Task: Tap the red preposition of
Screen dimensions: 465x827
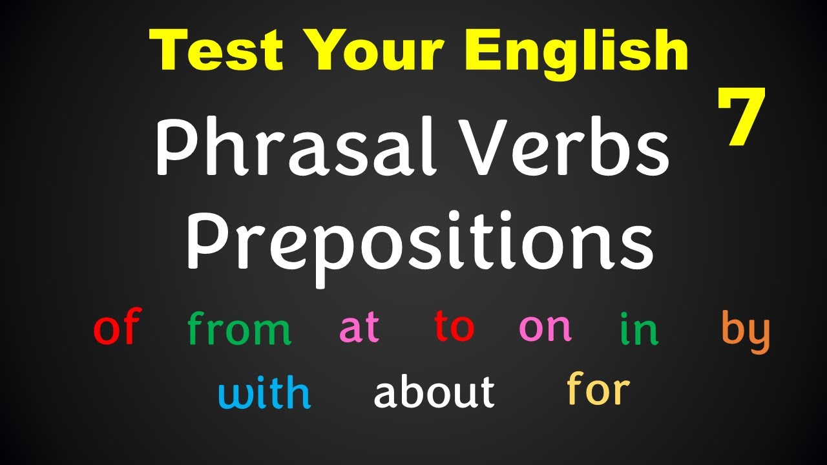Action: pos(117,327)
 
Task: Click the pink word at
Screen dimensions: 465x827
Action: pos(359,327)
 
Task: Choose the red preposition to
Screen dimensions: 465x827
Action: pos(454,326)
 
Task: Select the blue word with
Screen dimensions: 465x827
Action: pos(264,393)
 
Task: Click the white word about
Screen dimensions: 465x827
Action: pos(434,392)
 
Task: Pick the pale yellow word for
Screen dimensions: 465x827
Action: pos(598,389)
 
